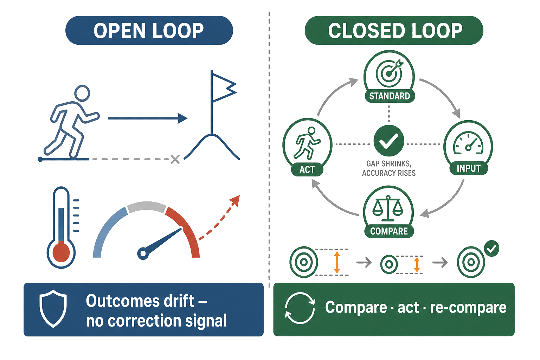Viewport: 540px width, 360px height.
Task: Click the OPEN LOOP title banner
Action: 149,30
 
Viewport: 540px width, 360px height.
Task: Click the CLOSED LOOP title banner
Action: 394,30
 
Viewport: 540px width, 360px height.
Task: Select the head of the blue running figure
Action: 82,93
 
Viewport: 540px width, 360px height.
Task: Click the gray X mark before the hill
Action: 175,159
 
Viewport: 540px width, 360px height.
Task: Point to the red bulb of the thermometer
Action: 61,252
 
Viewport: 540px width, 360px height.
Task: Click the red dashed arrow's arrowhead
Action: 235,201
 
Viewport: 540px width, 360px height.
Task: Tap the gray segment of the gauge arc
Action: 146,207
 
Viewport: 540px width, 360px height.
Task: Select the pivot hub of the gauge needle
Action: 143,253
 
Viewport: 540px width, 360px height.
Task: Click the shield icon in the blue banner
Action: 53,309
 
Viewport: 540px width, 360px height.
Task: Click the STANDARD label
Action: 390,96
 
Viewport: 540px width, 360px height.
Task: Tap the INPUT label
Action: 469,168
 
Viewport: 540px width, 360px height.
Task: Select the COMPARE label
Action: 389,231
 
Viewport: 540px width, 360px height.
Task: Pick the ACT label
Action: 307,169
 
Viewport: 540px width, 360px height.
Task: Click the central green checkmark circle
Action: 388,141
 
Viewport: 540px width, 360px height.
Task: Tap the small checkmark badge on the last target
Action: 491,248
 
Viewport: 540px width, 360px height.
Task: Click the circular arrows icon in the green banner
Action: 300,308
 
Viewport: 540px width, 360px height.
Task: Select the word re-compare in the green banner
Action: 468,308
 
